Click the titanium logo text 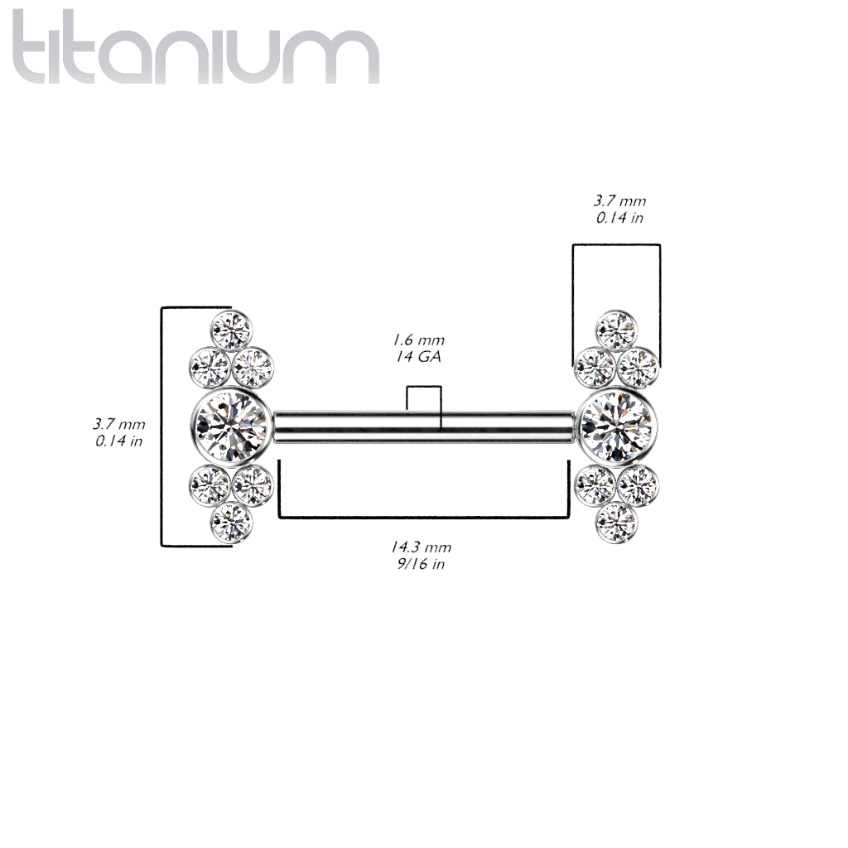(195, 47)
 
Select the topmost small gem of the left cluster (232, 330)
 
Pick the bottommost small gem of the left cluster (232, 523)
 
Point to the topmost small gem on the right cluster (616, 330)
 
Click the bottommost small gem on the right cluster (616, 523)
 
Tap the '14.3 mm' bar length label (421, 547)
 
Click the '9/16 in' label (421, 563)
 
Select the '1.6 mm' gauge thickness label (418, 340)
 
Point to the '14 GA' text (418, 356)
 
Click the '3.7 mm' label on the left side (118, 424)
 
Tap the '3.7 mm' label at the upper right (619, 200)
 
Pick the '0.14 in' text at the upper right (619, 218)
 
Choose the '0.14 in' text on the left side (118, 441)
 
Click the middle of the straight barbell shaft (425, 426)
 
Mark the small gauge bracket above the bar (425, 388)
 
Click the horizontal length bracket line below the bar (423, 518)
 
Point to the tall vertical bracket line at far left (161, 426)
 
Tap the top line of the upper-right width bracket (616, 244)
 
